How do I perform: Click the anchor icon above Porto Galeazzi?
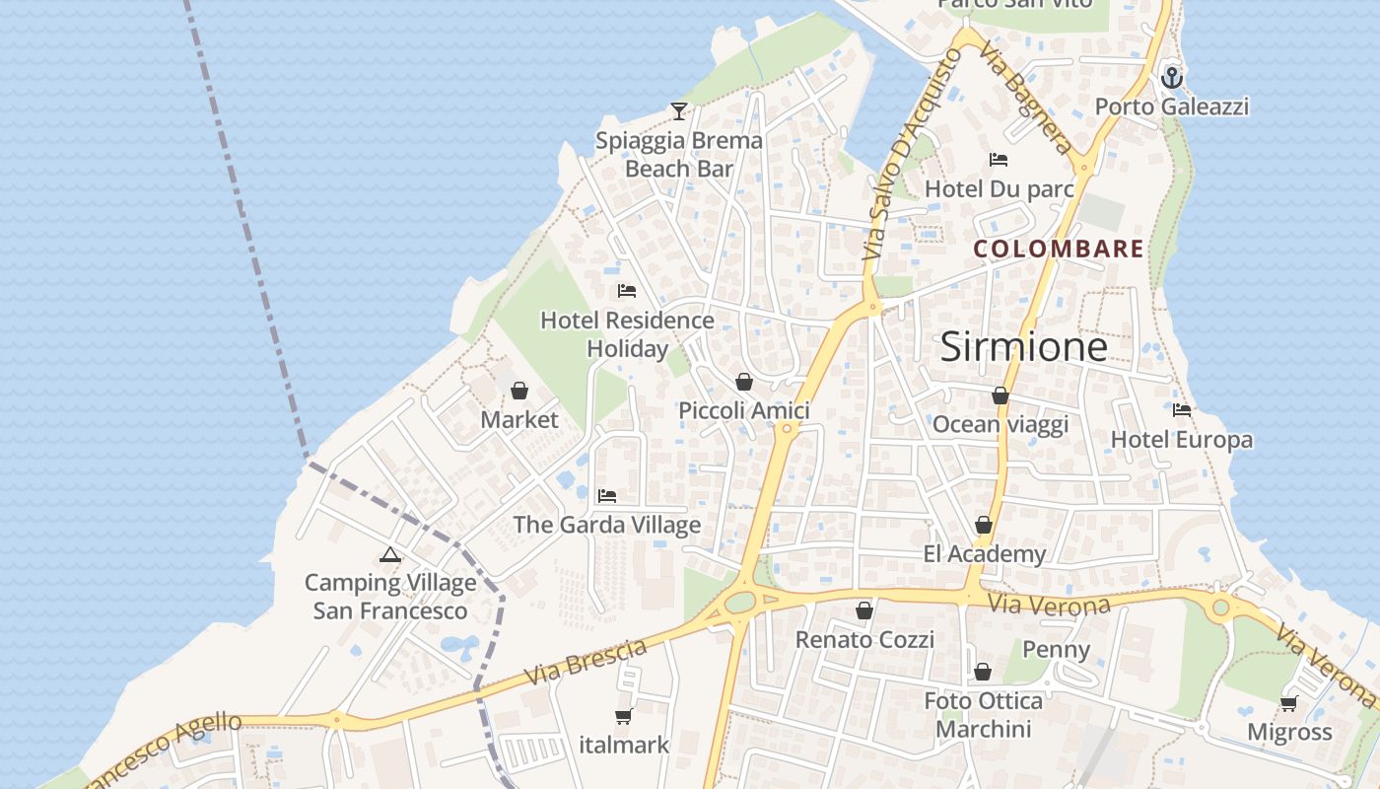(1172, 77)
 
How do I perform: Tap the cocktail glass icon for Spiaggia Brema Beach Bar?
(678, 110)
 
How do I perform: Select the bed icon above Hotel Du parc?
(999, 159)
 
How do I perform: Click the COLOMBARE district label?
(1059, 249)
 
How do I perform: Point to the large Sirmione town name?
(1023, 346)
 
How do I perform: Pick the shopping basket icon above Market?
(519, 391)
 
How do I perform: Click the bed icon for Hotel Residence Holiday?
(626, 291)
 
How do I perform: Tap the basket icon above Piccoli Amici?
(744, 382)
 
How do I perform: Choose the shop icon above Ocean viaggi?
(1000, 395)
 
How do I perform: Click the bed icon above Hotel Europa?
(1182, 409)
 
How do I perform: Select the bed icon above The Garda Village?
(607, 495)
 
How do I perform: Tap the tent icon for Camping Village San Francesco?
(390, 554)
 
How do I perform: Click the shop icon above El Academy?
(983, 525)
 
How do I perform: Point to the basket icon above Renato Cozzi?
(864, 610)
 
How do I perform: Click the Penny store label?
(1056, 649)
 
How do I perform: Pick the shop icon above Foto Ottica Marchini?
(983, 672)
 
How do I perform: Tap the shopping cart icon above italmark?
(623, 716)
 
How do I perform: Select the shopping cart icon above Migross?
(1288, 703)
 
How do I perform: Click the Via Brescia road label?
(586, 662)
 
